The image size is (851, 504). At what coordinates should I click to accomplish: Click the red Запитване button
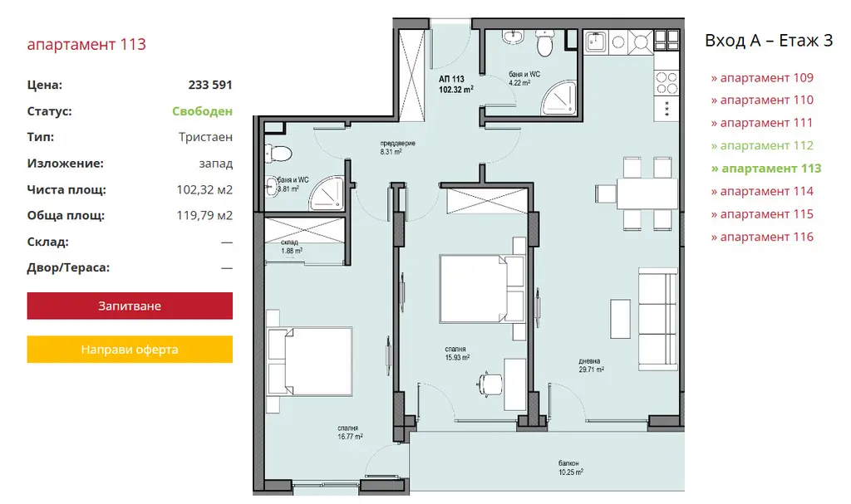[130, 306]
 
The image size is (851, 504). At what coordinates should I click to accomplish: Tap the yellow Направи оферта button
[130, 350]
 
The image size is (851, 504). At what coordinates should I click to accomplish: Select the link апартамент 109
[762, 77]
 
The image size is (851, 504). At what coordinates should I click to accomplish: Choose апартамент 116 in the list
[762, 237]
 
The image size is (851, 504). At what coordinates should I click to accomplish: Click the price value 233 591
[210, 85]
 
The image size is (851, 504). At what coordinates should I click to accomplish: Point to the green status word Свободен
[202, 111]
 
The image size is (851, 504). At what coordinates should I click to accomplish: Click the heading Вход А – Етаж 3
[769, 41]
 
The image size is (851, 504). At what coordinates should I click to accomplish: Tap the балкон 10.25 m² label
[570, 467]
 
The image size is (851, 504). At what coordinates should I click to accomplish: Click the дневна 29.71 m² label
[591, 365]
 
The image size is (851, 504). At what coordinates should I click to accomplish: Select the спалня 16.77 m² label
[350, 432]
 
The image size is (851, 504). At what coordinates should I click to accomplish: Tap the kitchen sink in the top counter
[596, 42]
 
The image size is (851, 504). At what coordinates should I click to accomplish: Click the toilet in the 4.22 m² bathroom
[544, 43]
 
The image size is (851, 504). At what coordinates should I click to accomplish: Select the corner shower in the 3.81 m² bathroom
[327, 193]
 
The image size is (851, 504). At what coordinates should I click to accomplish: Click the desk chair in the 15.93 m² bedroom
[489, 384]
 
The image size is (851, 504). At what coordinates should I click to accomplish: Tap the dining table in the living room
[647, 193]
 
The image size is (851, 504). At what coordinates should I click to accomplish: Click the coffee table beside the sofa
[620, 319]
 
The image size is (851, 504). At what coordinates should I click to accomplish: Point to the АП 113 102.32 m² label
[455, 84]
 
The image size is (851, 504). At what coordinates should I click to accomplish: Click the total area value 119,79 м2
[204, 215]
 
